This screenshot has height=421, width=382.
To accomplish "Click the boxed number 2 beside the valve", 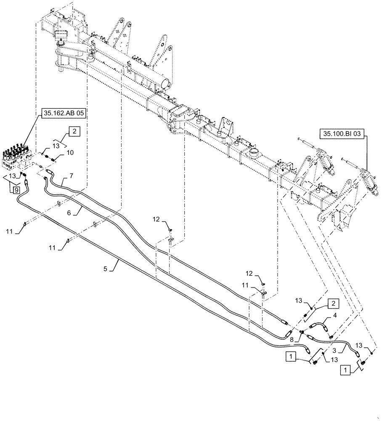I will (74, 132).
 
